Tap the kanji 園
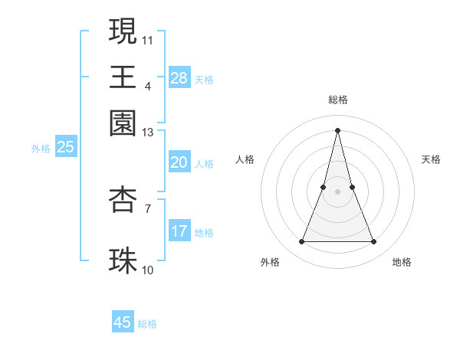click(x=123, y=122)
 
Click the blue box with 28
click(x=179, y=78)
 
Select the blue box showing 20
click(x=179, y=162)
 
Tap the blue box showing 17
click(x=179, y=231)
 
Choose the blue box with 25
click(x=65, y=148)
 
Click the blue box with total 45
click(x=123, y=322)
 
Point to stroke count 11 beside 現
click(x=148, y=38)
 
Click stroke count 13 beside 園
click(x=148, y=133)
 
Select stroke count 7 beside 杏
click(x=148, y=208)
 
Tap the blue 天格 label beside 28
click(x=203, y=79)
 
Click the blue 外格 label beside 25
click(x=41, y=149)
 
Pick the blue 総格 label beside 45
click(x=147, y=323)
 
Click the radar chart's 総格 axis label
click(x=337, y=100)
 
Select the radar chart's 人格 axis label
click(x=245, y=159)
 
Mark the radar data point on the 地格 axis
click(x=374, y=242)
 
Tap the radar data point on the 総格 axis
click(x=337, y=129)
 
